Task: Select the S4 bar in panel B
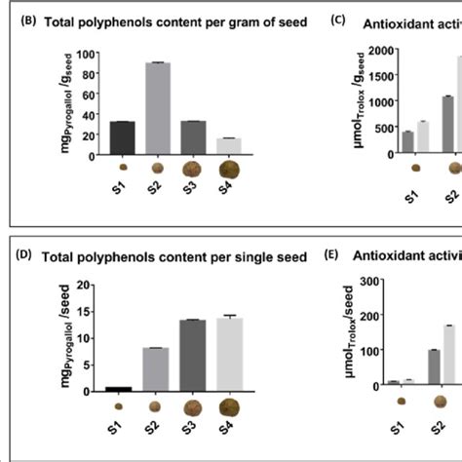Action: pyautogui.click(x=229, y=145)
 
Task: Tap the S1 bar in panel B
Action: pyautogui.click(x=122, y=137)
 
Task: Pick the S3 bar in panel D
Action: pyautogui.click(x=192, y=355)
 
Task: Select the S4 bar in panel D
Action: pyautogui.click(x=229, y=354)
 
